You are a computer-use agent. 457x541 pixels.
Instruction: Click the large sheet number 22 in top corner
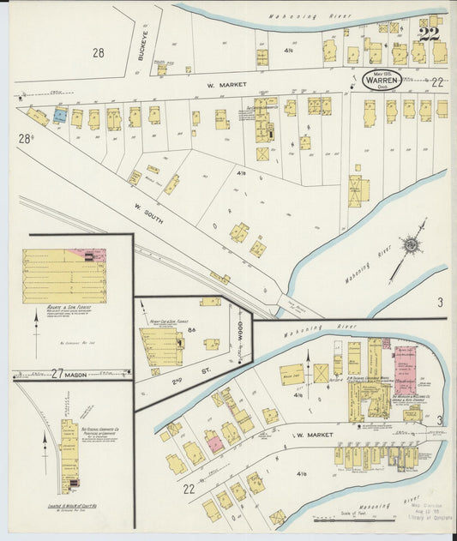coord(430,34)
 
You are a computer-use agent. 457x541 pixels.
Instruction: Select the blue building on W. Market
coord(59,114)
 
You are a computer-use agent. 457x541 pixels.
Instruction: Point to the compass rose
coord(412,247)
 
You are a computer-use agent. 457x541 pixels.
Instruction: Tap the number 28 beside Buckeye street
coord(99,53)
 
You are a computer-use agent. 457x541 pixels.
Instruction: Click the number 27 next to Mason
coord(57,374)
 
